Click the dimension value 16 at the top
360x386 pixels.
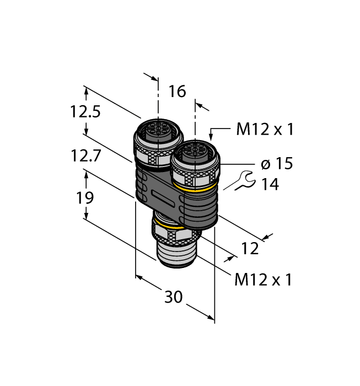pyautogui.click(x=177, y=91)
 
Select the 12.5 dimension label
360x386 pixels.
pyautogui.click(x=85, y=112)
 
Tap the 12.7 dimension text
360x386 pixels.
pyautogui.click(x=85, y=156)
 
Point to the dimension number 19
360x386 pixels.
pyautogui.click(x=85, y=197)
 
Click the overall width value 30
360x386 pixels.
pyautogui.click(x=174, y=297)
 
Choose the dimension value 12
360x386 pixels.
pyautogui.click(x=250, y=249)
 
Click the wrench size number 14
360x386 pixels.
pyautogui.click(x=270, y=184)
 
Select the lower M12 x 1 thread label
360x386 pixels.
pyautogui.click(x=263, y=280)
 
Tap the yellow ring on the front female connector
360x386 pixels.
pyautogui.click(x=197, y=189)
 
